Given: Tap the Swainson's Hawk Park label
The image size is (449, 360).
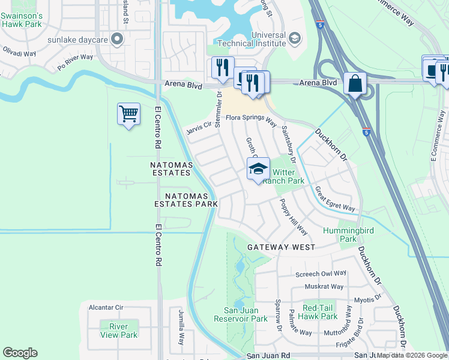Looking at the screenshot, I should click(21, 20).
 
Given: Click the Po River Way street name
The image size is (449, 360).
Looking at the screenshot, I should click(75, 61).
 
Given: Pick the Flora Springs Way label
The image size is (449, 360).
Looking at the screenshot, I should click(250, 120).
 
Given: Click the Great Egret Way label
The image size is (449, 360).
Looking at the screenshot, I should click(334, 199).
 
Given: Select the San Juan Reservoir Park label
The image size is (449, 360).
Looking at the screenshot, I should click(246, 314).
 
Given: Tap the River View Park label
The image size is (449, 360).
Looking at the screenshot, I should click(119, 331).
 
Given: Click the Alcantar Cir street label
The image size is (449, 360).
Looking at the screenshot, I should click(106, 307).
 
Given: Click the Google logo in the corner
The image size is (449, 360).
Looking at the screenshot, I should click(20, 353).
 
